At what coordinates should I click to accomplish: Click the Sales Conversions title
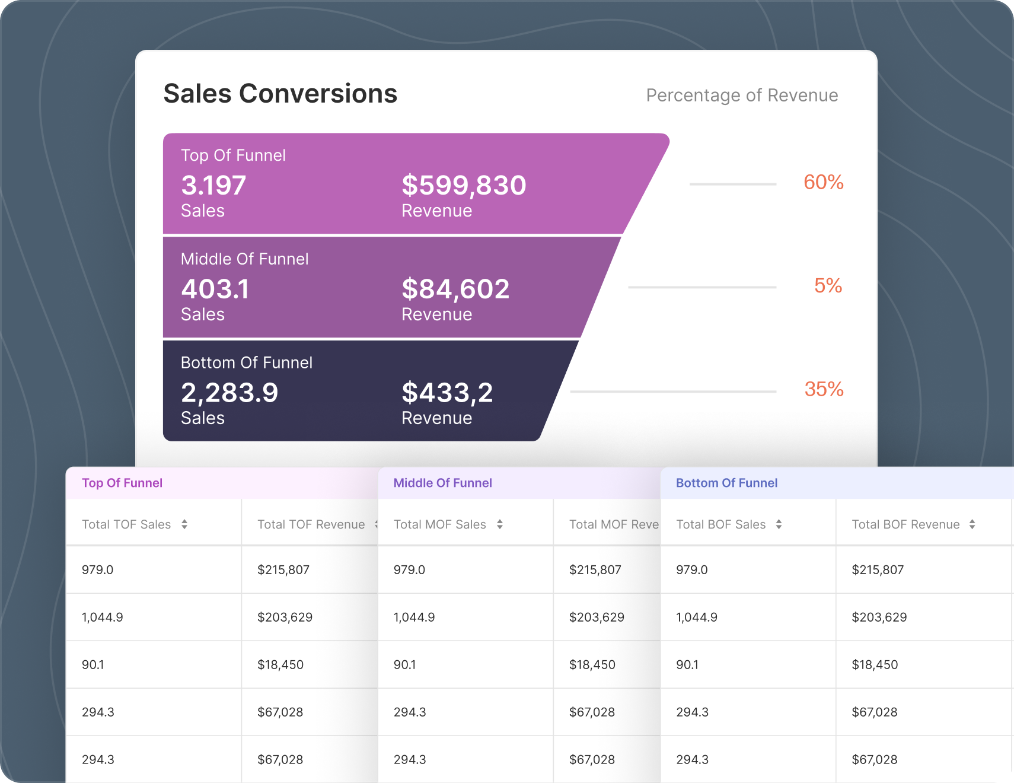pyautogui.click(x=280, y=94)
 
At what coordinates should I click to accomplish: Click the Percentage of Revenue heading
pyautogui.click(x=741, y=96)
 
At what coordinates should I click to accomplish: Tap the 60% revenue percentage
pyautogui.click(x=823, y=182)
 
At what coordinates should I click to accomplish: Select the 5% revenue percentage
pyautogui.click(x=828, y=286)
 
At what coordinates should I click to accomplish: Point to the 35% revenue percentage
pyautogui.click(x=824, y=389)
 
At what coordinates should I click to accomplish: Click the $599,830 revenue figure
pyautogui.click(x=464, y=185)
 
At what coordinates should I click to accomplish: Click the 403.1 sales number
pyautogui.click(x=215, y=289)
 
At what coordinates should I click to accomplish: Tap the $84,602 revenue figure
pyautogui.click(x=455, y=289)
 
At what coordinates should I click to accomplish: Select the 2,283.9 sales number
pyautogui.click(x=229, y=393)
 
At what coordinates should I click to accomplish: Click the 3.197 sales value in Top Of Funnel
pyautogui.click(x=213, y=185)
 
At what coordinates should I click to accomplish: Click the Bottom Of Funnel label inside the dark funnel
pyautogui.click(x=246, y=362)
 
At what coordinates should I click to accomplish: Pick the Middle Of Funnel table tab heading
pyautogui.click(x=442, y=483)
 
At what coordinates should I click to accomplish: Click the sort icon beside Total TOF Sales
pyautogui.click(x=184, y=524)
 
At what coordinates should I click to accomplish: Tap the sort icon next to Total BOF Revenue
pyautogui.click(x=972, y=524)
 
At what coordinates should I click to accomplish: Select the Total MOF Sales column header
pyautogui.click(x=439, y=524)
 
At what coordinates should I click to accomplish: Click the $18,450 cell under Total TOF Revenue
pyautogui.click(x=280, y=664)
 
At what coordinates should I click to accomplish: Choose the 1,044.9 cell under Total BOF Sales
pyautogui.click(x=696, y=617)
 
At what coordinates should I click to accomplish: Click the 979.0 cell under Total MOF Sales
pyautogui.click(x=409, y=569)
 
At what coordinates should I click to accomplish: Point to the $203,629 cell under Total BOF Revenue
pyautogui.click(x=879, y=617)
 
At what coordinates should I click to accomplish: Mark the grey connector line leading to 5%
pyautogui.click(x=702, y=287)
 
